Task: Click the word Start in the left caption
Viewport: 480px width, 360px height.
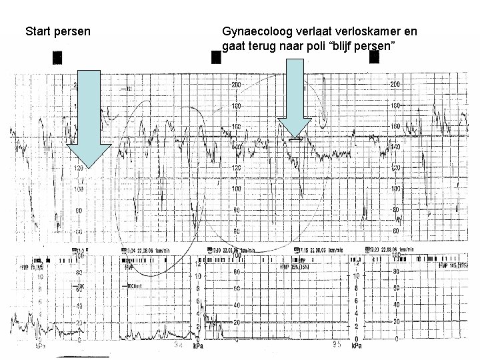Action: pyautogui.click(x=37, y=31)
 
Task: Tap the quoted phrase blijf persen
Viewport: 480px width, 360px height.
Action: pyautogui.click(x=367, y=47)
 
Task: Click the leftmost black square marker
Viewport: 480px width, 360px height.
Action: pyautogui.click(x=58, y=58)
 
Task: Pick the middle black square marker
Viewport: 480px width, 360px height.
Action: pyautogui.click(x=215, y=58)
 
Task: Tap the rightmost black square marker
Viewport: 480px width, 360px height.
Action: pyautogui.click(x=374, y=58)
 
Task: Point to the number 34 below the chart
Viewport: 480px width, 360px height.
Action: pyautogui.click(x=178, y=345)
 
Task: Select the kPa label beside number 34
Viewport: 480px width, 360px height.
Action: pyautogui.click(x=198, y=347)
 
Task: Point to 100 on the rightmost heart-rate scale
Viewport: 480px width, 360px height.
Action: pyautogui.click(x=395, y=189)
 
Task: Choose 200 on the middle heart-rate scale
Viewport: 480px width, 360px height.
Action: pyautogui.click(x=237, y=85)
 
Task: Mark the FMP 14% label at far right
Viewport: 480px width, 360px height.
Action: pyautogui.click(x=451, y=265)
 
